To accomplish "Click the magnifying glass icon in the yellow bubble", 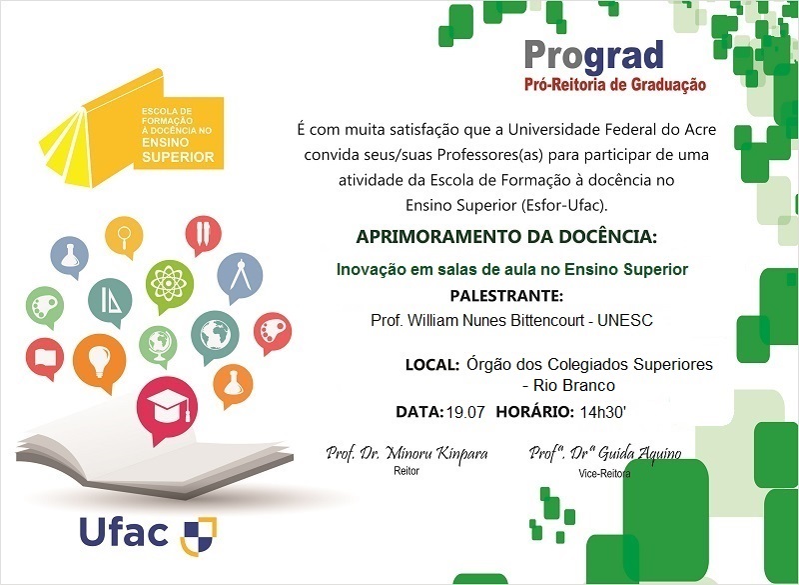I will click(x=126, y=239).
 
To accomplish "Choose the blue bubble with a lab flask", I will click(x=70, y=256).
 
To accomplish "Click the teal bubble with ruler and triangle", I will click(x=110, y=299).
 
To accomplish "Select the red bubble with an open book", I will click(x=45, y=357).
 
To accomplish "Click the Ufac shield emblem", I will click(x=198, y=534).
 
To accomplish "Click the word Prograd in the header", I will click(x=593, y=55).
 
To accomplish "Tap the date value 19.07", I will click(x=466, y=411).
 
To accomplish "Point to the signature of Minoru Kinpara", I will click(x=406, y=453).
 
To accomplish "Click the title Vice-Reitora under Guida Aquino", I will click(x=603, y=473).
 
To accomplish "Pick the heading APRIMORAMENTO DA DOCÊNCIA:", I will click(x=506, y=237).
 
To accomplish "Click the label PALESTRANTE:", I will click(x=506, y=296).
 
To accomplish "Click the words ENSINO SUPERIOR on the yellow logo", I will click(x=178, y=151).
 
